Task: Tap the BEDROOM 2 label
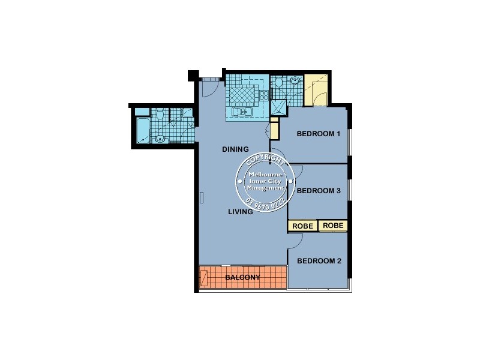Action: click(319, 261)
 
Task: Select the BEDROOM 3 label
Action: click(319, 191)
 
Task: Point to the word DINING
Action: click(235, 149)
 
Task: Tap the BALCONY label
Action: click(242, 278)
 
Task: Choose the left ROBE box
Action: click(303, 226)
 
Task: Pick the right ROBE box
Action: click(333, 226)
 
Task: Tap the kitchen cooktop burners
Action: click(265, 94)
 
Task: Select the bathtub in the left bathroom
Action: click(142, 130)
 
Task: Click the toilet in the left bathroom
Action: click(160, 114)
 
